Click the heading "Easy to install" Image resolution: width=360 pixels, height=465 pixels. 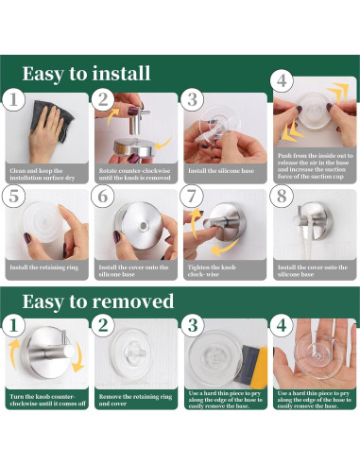86,74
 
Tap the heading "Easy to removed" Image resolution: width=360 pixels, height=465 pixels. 98,301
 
